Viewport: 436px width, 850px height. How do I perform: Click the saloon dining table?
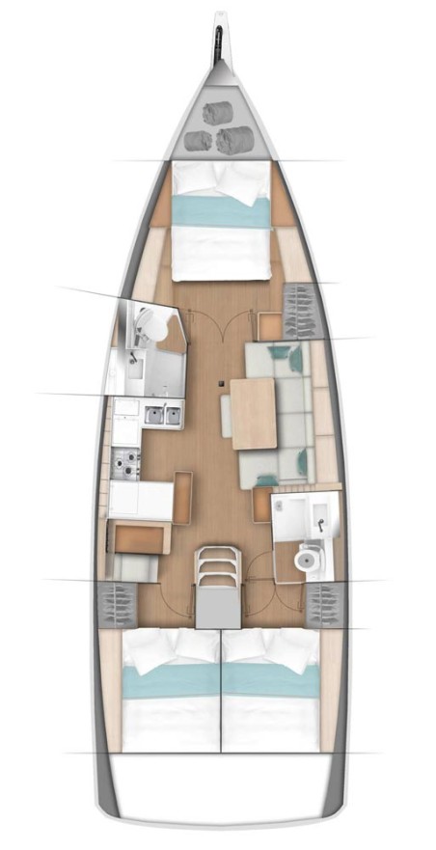pyautogui.click(x=253, y=413)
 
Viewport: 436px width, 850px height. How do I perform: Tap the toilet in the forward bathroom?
pyautogui.click(x=146, y=326)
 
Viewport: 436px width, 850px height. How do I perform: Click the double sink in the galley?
pyautogui.click(x=163, y=416)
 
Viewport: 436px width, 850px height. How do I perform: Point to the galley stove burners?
pyautogui.click(x=126, y=462)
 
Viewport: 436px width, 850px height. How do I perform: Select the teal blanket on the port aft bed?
pyautogui.click(x=170, y=682)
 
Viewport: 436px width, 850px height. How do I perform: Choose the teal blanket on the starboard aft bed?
pyautogui.click(x=270, y=682)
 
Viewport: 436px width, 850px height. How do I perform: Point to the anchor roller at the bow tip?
pyautogui.click(x=219, y=39)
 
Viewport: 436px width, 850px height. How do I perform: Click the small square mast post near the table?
pyautogui.click(x=222, y=384)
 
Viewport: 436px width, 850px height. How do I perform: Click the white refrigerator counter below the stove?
pyautogui.click(x=141, y=501)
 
